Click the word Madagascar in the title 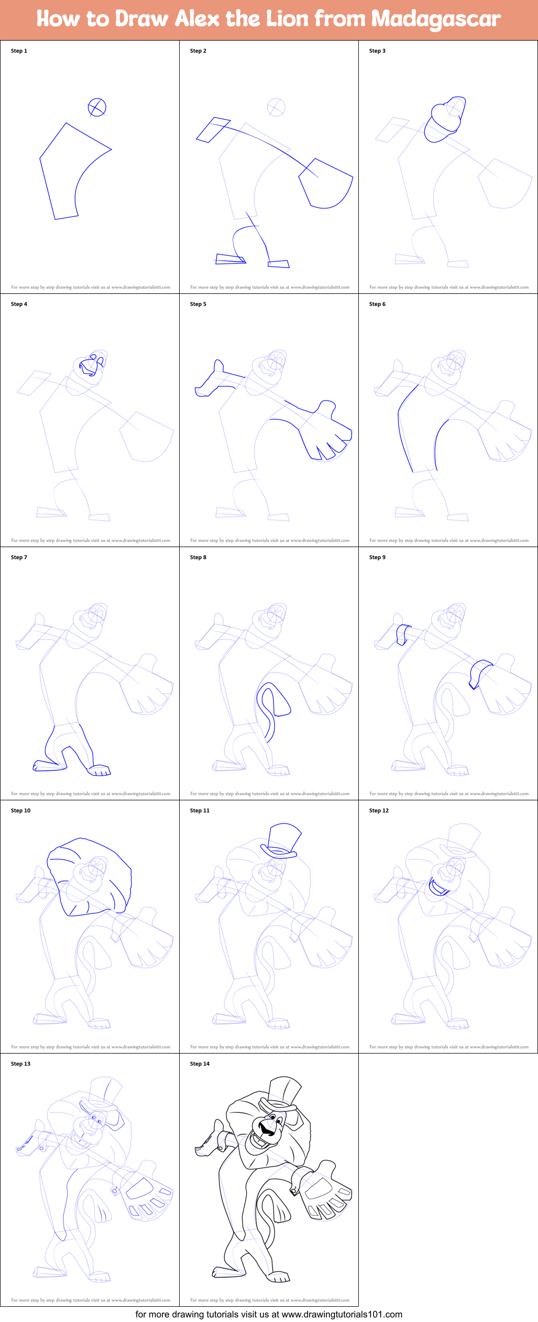(435, 19)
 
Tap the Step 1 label (19, 51)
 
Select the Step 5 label (198, 304)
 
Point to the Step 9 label (377, 557)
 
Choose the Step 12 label (379, 810)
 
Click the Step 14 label (199, 1064)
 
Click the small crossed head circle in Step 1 (97, 107)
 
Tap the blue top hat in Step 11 (281, 840)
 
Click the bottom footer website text (268, 1314)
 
